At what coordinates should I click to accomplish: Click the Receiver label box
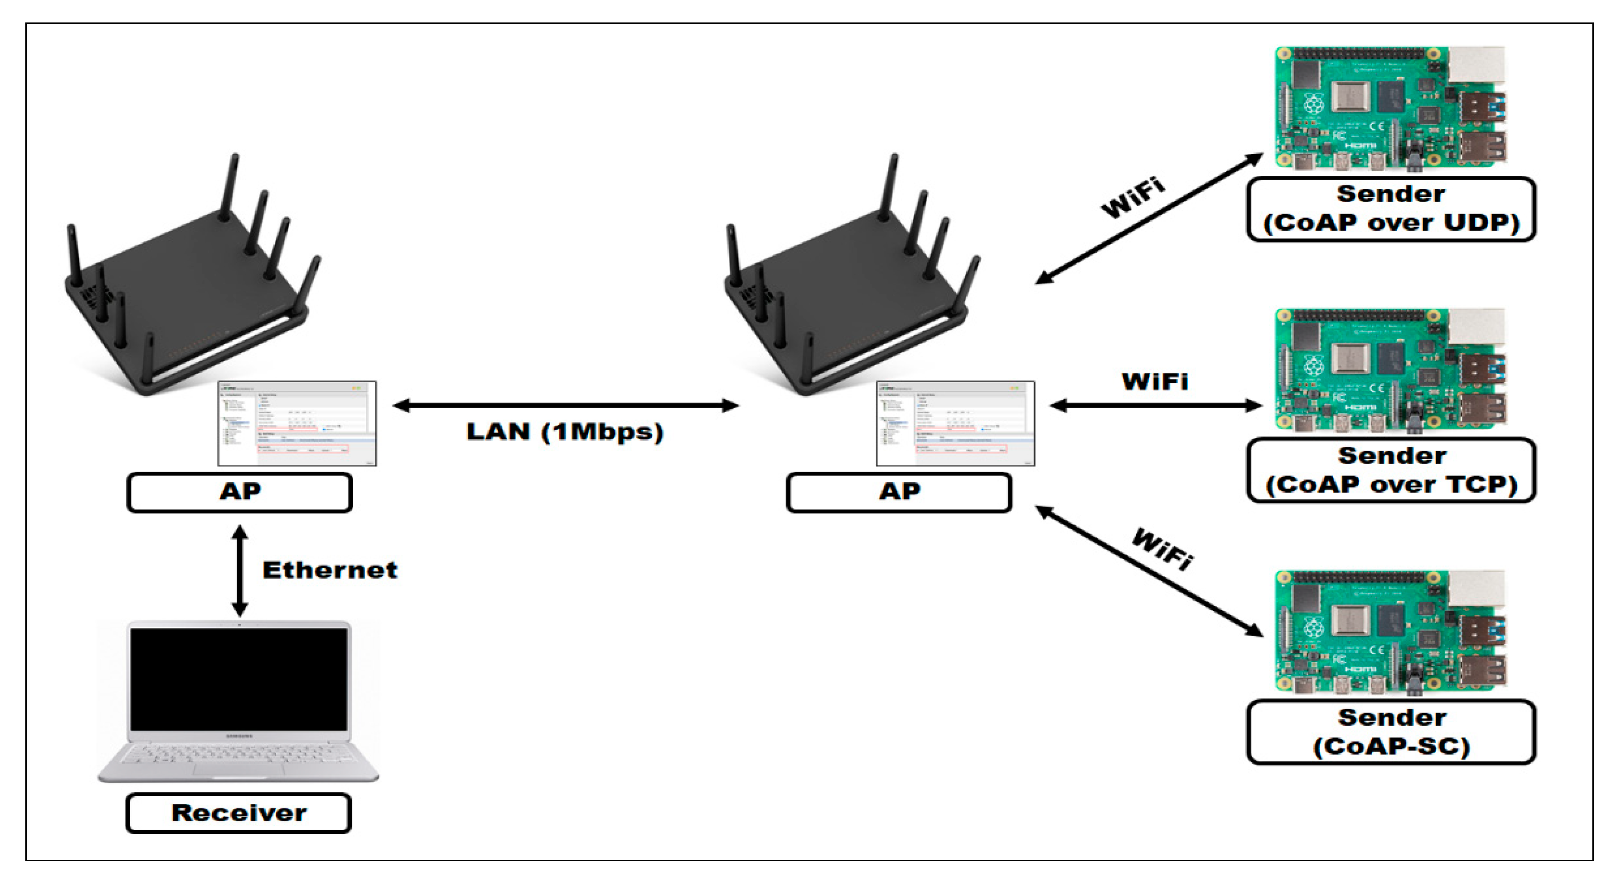238,812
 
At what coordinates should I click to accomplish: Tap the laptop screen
238,679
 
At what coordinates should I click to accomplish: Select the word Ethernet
330,570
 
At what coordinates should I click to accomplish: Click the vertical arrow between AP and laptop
239,570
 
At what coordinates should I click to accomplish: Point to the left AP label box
239,492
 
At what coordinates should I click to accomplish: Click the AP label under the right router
898,492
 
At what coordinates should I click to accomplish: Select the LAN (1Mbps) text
564,432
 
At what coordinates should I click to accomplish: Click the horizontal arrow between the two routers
565,405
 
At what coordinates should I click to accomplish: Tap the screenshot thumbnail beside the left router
297,423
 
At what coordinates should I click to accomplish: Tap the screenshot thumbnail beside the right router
956,423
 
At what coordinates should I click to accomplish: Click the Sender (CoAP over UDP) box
1391,209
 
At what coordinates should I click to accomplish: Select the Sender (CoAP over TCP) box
1391,470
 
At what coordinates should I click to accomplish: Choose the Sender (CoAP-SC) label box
1391,732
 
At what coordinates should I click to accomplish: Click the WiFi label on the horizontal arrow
1155,381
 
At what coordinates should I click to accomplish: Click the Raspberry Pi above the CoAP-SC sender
1390,631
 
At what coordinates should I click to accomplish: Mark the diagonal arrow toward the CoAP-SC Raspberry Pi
1149,572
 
